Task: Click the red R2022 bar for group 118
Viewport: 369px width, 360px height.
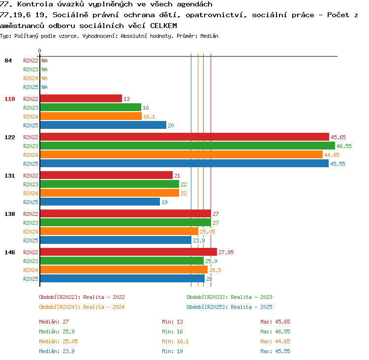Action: coord(81,98)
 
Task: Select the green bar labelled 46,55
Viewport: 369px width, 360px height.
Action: coord(187,146)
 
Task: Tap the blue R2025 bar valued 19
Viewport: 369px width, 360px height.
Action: coord(100,202)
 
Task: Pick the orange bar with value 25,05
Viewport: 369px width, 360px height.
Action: coord(120,232)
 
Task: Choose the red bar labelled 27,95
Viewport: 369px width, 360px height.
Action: coord(129,252)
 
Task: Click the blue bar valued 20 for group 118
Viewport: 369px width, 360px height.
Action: coord(103,125)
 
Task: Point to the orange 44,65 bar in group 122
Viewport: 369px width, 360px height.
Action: coord(182,155)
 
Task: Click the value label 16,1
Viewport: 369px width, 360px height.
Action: coord(149,117)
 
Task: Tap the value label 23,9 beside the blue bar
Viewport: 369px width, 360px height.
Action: coord(199,240)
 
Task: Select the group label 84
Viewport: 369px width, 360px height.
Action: coord(8,60)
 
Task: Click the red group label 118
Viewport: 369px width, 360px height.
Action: coord(10,99)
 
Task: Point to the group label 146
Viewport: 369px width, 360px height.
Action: coord(10,252)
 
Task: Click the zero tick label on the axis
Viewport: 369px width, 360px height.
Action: coord(39,51)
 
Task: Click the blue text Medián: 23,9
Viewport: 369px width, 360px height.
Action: coord(57,351)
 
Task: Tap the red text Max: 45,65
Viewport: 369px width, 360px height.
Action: coord(275,322)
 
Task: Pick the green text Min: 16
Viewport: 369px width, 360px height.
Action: coord(172,331)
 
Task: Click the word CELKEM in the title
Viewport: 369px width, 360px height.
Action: coord(163,26)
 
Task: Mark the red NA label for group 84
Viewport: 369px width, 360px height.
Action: coord(44,60)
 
